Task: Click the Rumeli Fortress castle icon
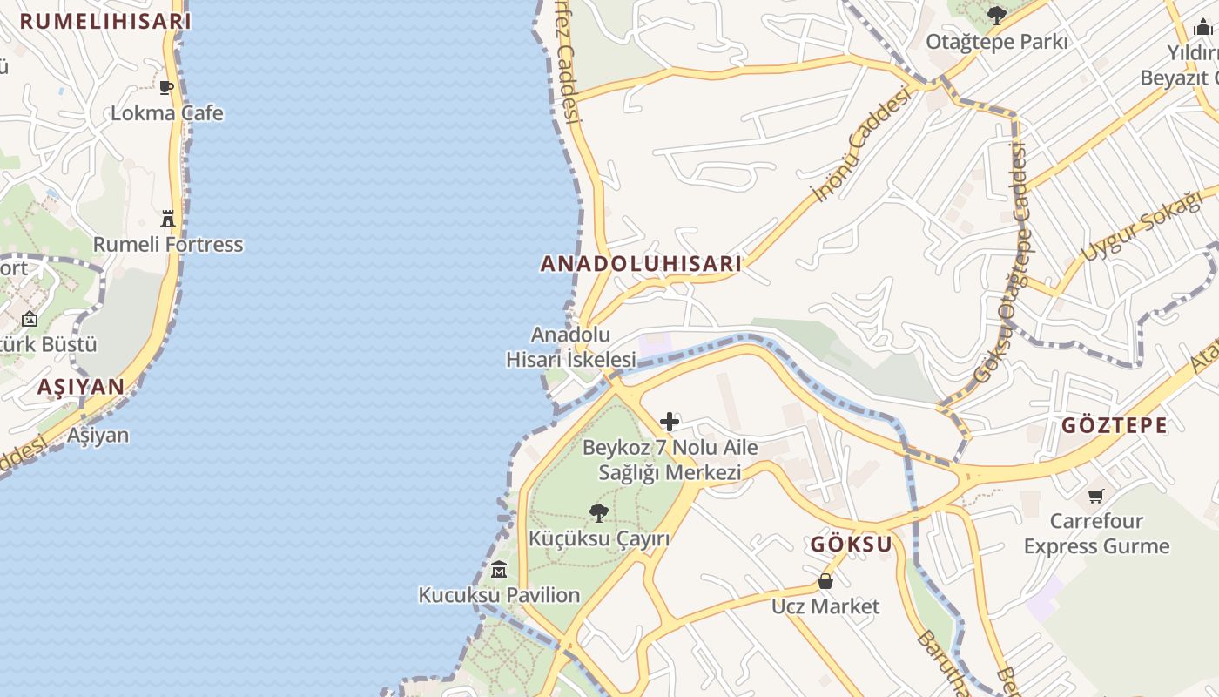coord(168,218)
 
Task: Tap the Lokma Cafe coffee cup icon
coord(166,87)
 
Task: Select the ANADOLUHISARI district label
coord(641,264)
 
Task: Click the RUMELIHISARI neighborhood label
coord(105,22)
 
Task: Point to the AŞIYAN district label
coord(81,387)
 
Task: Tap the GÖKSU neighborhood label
coord(852,545)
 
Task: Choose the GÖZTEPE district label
coord(1115,425)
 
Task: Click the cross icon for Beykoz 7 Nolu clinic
coord(669,423)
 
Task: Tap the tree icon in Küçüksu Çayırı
coord(598,512)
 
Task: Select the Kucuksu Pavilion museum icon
coord(499,570)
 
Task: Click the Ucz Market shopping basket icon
coord(825,580)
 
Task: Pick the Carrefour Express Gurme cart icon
coord(1095,496)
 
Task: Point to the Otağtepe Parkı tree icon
coord(996,15)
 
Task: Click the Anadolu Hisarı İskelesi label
coord(571,347)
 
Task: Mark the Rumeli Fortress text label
coord(168,245)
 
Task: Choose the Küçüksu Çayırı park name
coord(599,538)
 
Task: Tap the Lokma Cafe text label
coord(166,113)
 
